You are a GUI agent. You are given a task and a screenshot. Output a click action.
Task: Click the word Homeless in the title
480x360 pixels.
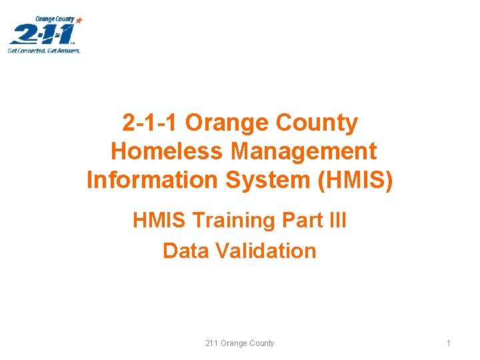[x=167, y=151]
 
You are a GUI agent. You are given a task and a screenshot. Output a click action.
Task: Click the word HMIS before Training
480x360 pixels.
[x=157, y=220]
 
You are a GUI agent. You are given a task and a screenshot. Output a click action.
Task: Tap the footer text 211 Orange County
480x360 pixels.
[x=240, y=343]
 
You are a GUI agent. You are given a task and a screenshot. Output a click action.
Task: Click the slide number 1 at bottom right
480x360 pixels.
[x=449, y=343]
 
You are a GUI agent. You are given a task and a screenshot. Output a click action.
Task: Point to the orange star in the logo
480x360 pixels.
[x=79, y=21]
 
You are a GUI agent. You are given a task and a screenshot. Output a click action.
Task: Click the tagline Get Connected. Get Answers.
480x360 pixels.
[x=44, y=50]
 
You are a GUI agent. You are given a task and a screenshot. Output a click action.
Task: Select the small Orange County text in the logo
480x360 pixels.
[x=55, y=19]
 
